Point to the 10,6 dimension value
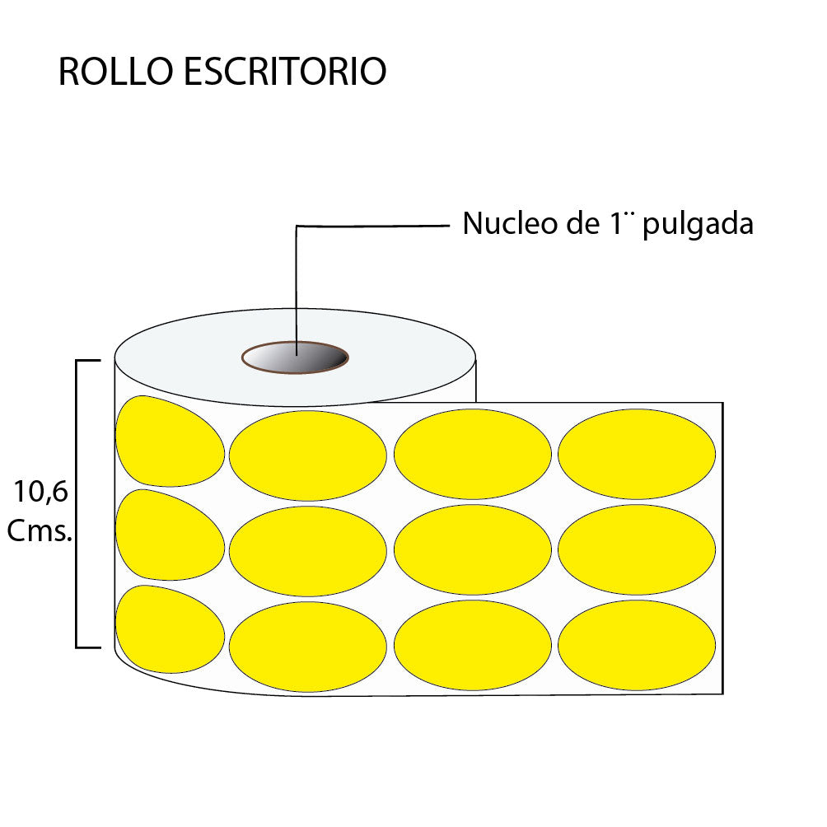point(40,493)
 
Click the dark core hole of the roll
point(295,358)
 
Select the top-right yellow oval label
point(637,454)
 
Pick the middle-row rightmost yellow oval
point(637,549)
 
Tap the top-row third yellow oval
point(473,454)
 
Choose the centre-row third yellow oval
point(473,549)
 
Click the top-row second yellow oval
point(307,456)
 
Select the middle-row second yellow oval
point(307,550)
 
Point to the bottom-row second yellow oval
point(307,647)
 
